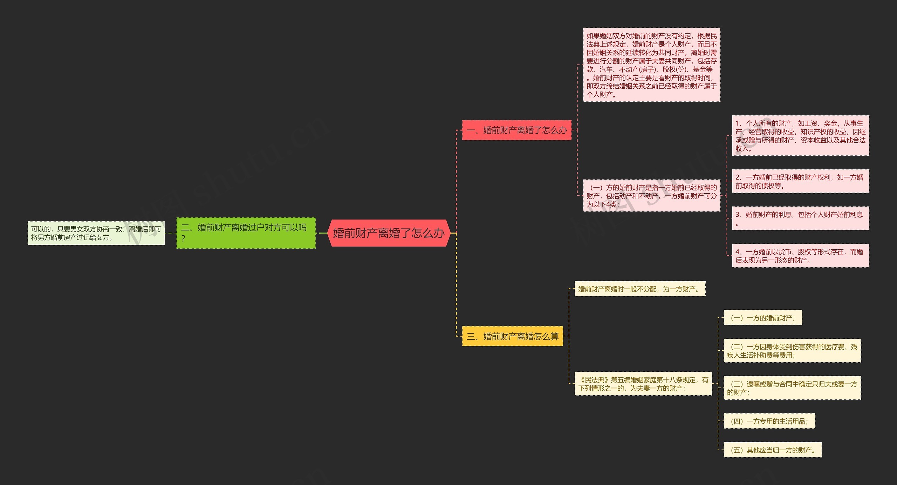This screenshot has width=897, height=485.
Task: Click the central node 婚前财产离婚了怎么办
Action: pyautogui.click(x=389, y=233)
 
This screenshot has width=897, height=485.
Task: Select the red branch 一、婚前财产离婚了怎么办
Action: pyautogui.click(x=516, y=130)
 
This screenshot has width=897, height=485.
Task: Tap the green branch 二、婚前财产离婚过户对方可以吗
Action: pyautogui.click(x=246, y=233)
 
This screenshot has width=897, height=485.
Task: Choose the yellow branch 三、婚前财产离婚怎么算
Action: pyautogui.click(x=512, y=336)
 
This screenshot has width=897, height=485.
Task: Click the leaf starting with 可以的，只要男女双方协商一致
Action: pyautogui.click(x=96, y=233)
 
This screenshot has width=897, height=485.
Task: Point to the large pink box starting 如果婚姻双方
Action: pyautogui.click(x=651, y=65)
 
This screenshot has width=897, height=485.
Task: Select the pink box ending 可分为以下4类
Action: pyautogui.click(x=651, y=196)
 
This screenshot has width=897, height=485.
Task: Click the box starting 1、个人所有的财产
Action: pyautogui.click(x=800, y=136)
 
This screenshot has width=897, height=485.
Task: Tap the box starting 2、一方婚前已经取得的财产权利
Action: pyautogui.click(x=800, y=181)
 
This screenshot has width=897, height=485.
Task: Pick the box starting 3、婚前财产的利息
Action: pyautogui.click(x=800, y=218)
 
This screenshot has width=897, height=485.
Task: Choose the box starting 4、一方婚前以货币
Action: pyautogui.click(x=800, y=256)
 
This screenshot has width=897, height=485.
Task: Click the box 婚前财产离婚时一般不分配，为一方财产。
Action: pyautogui.click(x=639, y=289)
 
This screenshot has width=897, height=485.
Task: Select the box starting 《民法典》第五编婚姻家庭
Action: pyautogui.click(x=643, y=384)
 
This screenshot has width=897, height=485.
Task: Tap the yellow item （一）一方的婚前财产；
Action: pyautogui.click(x=762, y=318)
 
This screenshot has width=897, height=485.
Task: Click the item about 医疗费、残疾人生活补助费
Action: pyautogui.click(x=792, y=351)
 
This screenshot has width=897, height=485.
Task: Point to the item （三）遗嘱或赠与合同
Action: pyautogui.click(x=792, y=388)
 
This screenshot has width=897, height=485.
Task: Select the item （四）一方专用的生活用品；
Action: pyautogui.click(x=769, y=421)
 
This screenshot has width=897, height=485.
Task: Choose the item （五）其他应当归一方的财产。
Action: pyautogui.click(x=772, y=450)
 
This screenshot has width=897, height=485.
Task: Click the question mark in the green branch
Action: pyautogui.click(x=183, y=239)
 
